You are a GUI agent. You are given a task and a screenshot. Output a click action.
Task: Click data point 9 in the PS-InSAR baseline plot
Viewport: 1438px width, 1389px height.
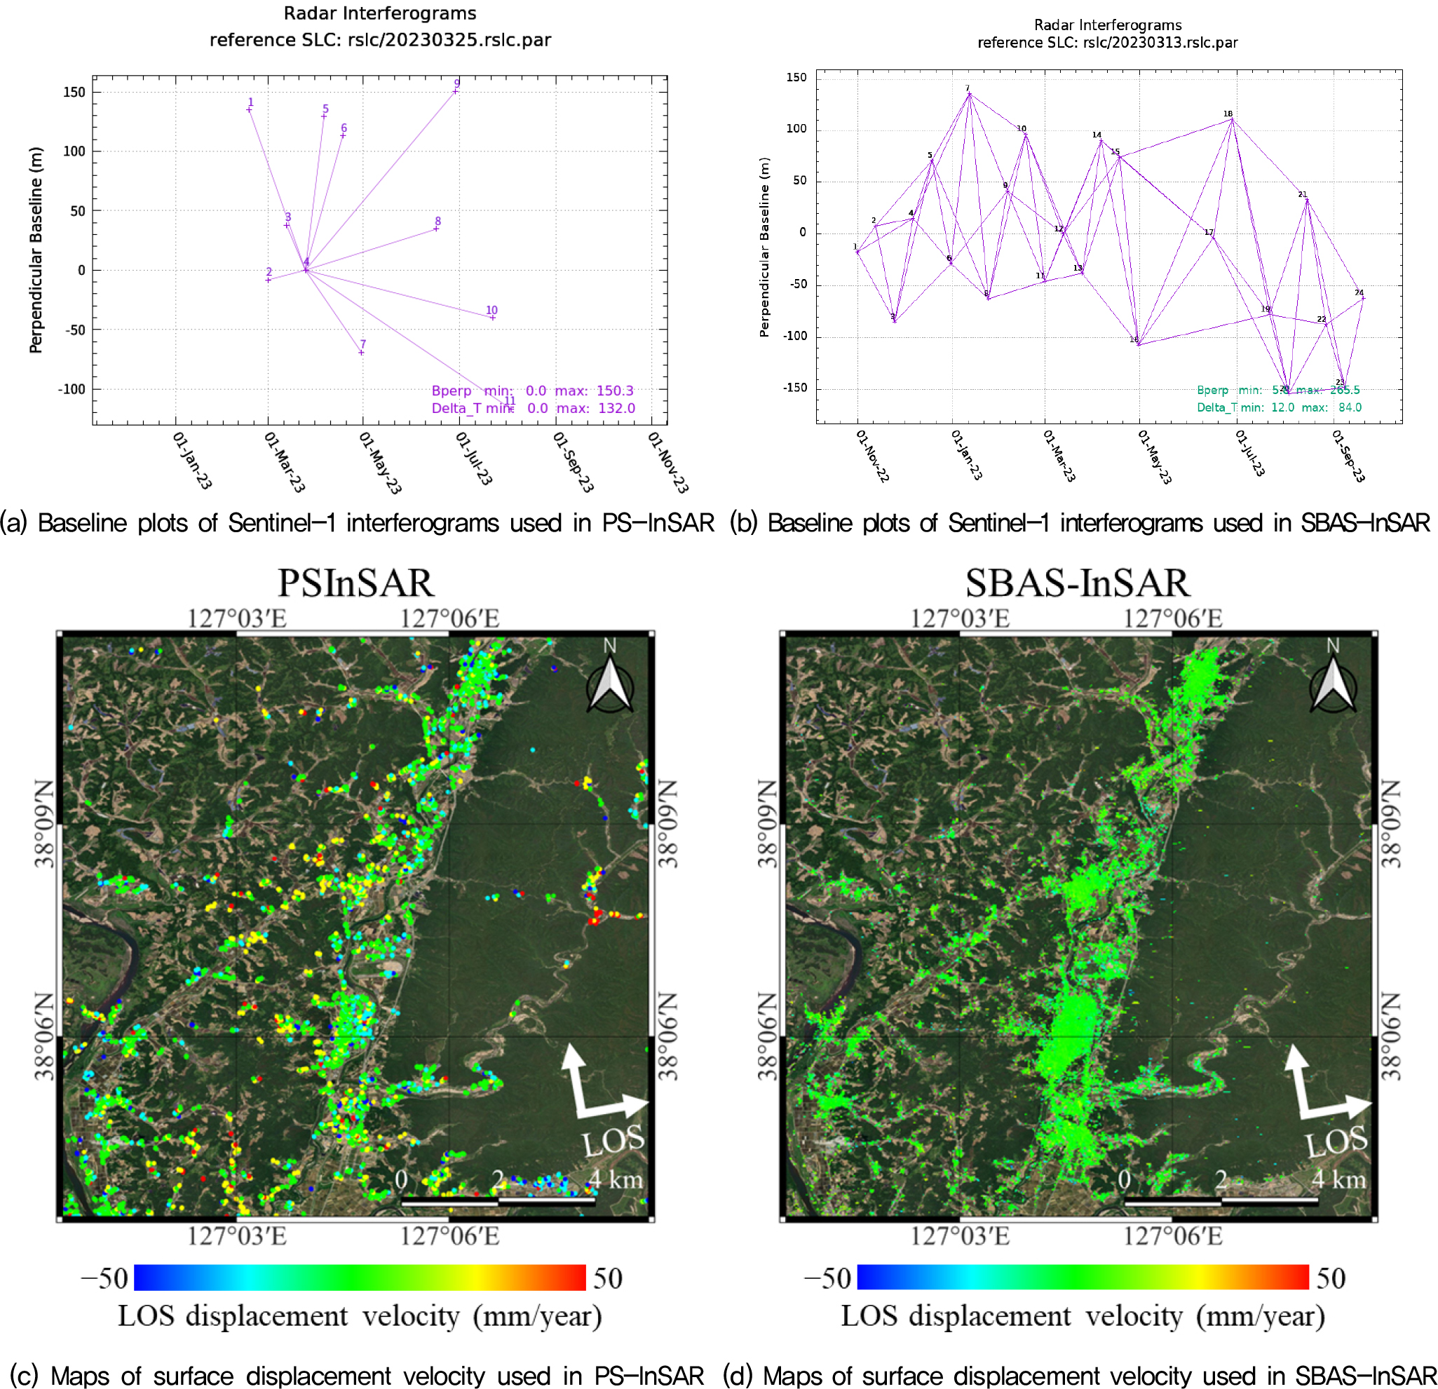click(456, 91)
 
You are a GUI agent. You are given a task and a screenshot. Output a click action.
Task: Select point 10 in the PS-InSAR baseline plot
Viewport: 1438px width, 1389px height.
click(492, 317)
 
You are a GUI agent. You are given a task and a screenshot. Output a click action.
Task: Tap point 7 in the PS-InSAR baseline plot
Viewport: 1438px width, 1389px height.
click(361, 352)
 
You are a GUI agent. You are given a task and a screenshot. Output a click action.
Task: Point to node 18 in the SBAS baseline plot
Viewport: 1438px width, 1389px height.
click(1232, 120)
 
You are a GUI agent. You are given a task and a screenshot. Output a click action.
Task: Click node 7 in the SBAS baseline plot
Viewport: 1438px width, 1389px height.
click(969, 94)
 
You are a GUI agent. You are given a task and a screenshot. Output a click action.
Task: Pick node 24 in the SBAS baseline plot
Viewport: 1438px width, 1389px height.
click(1362, 298)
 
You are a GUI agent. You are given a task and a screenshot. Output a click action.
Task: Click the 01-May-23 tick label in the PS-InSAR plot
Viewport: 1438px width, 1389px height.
click(380, 462)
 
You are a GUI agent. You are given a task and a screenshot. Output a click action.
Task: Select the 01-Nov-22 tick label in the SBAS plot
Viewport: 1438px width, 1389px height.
click(872, 456)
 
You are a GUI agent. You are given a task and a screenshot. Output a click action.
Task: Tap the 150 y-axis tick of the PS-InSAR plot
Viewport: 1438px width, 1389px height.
click(74, 92)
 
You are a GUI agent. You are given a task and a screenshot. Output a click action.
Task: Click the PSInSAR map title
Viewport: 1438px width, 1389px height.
click(356, 583)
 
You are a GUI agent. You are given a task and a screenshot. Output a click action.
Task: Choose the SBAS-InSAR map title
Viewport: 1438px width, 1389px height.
click(1077, 583)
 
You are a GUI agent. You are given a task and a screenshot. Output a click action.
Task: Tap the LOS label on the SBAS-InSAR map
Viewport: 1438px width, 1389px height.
click(1336, 1141)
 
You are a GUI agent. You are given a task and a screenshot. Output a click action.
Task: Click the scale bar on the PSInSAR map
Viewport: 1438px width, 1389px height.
click(498, 1202)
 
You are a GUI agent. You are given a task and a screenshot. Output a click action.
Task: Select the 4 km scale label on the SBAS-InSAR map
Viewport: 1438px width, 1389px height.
click(1338, 1179)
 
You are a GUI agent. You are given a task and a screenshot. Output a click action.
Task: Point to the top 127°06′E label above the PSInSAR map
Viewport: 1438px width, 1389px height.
click(449, 618)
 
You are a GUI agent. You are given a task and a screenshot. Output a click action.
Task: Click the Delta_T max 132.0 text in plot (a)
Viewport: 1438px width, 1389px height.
click(595, 408)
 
